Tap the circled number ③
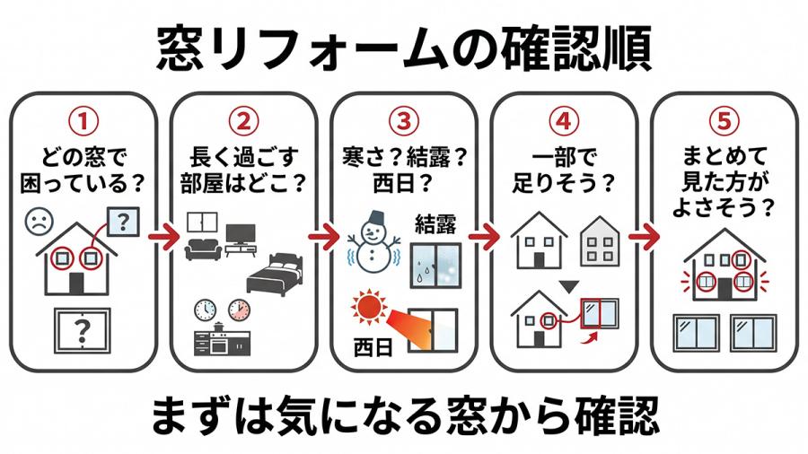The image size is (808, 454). click(404, 119)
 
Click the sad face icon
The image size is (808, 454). click(39, 219)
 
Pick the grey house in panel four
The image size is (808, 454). click(601, 241)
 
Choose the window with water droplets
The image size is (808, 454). click(435, 262)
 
